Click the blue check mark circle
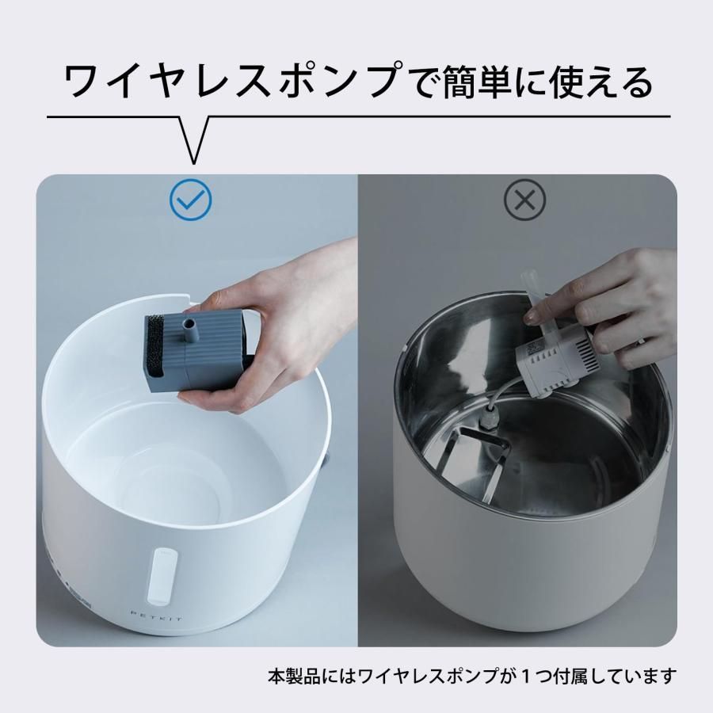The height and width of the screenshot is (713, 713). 190,200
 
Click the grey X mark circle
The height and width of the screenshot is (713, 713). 524,200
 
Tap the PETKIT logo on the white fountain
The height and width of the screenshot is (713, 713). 156,617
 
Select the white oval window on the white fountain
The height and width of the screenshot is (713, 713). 162,577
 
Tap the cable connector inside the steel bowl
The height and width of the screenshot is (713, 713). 486,416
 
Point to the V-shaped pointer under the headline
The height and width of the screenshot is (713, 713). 193,139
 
